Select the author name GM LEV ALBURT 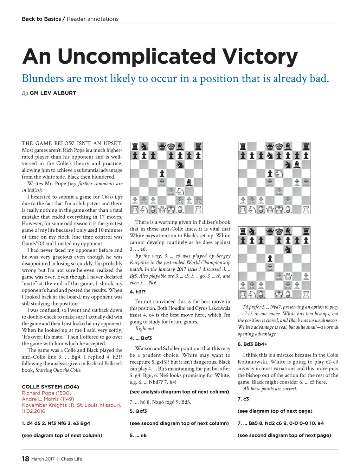coord(53,93)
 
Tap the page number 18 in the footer coord(25,459)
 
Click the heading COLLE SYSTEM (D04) coord(50,387)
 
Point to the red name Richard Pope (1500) coord(46,393)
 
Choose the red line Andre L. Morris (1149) coord(48,399)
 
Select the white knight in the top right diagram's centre coord(279,173)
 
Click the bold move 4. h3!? coord(137,292)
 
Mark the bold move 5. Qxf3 coord(138,411)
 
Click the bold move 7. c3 coord(243,399)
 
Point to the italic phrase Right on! coord(144,328)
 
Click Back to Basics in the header coord(41,19)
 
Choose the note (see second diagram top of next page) coord(284,435)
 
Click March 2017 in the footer coord(43,459)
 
